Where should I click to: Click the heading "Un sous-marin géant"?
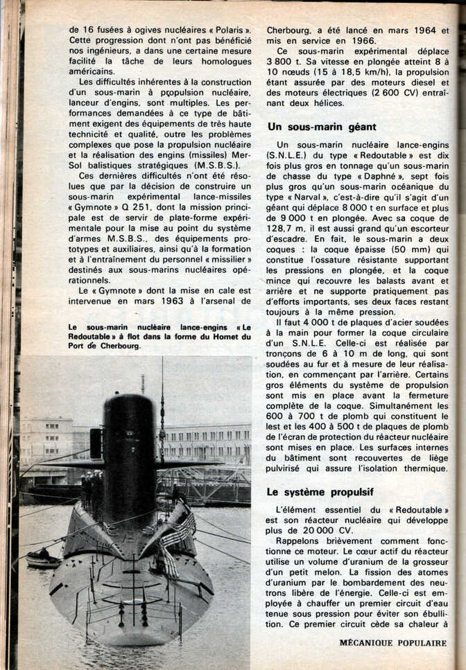pos(322,127)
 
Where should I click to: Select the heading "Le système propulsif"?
pos(320,492)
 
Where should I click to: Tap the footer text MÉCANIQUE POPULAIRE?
pos(392,642)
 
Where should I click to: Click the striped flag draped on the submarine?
pos(176,537)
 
